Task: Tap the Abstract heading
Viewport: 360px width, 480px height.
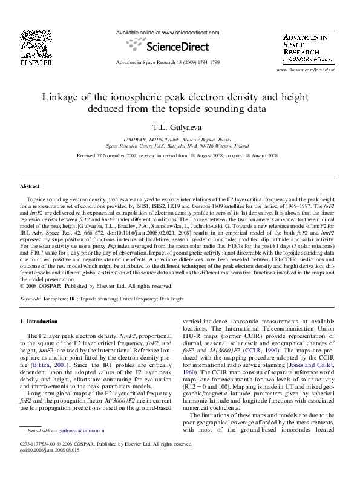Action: [30, 187]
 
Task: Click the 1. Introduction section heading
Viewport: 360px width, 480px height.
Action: [39, 322]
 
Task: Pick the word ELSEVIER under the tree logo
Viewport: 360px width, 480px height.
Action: [36, 62]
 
